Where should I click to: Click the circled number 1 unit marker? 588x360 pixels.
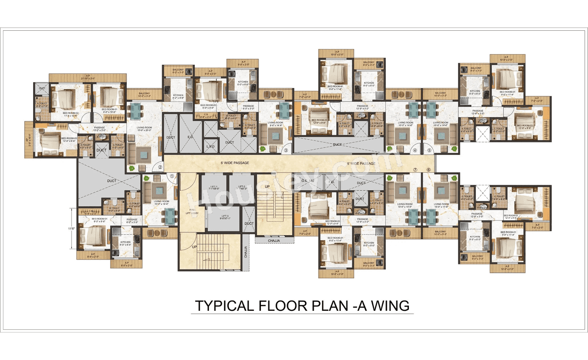tap(172, 175)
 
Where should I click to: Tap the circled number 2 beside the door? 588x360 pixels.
tap(160, 167)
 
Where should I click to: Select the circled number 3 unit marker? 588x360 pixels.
tap(286, 150)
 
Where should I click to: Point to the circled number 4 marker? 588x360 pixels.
tap(415, 150)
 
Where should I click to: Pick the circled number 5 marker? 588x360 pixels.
tap(430, 150)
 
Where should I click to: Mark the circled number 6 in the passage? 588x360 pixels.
tap(429, 169)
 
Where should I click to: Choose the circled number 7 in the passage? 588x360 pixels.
tap(415, 169)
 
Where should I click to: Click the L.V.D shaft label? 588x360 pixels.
tap(211, 146)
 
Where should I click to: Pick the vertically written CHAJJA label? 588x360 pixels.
tap(246, 253)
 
